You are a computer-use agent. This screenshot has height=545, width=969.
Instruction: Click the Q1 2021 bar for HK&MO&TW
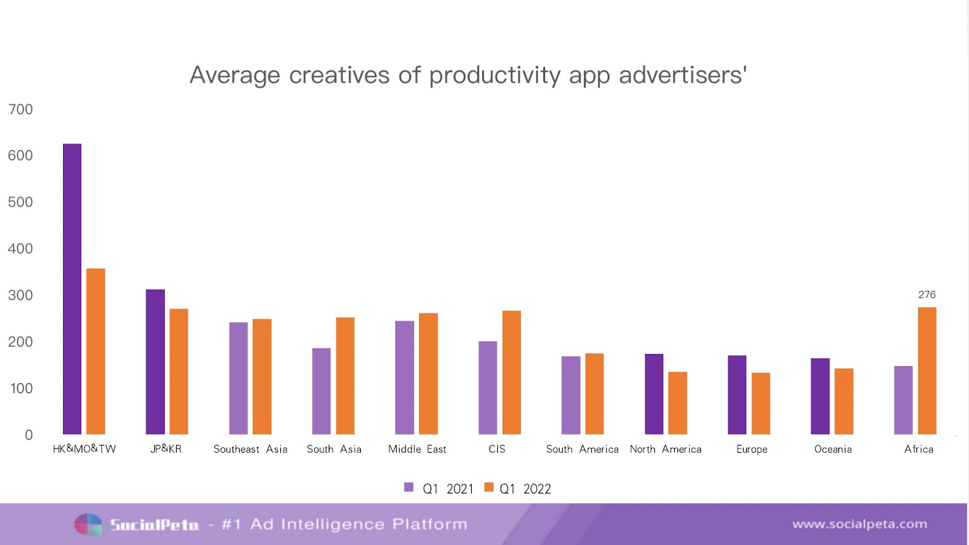coord(72,289)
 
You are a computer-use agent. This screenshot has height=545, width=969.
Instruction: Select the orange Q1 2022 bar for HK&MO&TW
coord(96,352)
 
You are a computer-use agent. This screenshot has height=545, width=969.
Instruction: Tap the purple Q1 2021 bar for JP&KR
coord(155,362)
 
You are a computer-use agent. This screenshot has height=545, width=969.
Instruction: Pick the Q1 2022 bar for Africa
coord(927,371)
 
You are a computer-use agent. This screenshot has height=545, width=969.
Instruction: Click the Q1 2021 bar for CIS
coord(488,388)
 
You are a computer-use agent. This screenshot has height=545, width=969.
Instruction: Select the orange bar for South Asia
coord(345,376)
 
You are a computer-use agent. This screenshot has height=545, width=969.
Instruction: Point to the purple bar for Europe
coord(737,395)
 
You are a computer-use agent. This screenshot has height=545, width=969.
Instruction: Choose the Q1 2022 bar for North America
coord(678,403)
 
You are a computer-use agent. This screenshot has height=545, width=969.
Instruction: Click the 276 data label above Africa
coord(927,295)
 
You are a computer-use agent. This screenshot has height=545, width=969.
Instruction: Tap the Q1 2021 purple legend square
coord(409,487)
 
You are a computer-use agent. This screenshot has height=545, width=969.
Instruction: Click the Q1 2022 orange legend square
coord(489,487)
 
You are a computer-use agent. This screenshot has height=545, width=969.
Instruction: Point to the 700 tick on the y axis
coord(21,109)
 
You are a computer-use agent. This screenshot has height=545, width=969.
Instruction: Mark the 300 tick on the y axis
coord(21,295)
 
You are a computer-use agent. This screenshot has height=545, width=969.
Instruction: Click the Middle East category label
coord(417,449)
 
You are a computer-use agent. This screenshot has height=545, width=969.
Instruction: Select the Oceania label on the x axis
coord(833,449)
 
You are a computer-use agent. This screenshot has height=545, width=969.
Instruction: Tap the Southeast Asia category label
coord(250,449)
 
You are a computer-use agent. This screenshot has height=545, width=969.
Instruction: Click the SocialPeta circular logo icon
coord(88,524)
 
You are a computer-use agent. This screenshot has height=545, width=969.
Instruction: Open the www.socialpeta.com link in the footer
coord(859,524)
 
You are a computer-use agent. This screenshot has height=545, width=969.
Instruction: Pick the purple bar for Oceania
coord(820,396)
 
